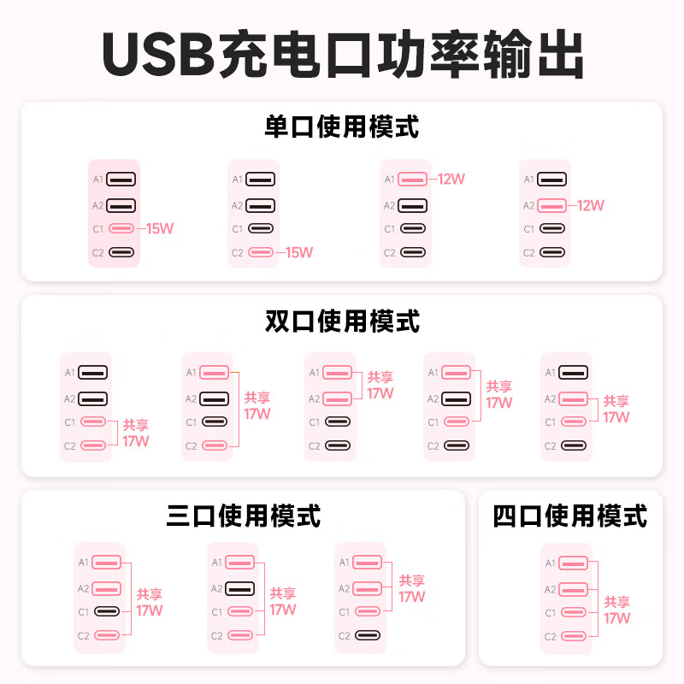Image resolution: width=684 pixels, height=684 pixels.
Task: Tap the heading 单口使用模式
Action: click(341, 127)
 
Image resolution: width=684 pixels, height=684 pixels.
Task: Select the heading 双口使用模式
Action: click(342, 321)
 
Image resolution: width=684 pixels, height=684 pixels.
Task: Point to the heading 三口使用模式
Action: click(244, 516)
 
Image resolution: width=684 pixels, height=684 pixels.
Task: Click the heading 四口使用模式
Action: click(569, 516)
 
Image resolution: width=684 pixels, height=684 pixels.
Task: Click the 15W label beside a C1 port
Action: click(160, 228)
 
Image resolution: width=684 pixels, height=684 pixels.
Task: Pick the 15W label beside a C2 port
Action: click(299, 252)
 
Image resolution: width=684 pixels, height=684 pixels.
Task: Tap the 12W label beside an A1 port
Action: click(451, 179)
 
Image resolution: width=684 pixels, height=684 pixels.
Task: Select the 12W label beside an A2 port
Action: click(591, 205)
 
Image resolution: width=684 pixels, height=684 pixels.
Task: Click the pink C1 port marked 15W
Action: click(121, 228)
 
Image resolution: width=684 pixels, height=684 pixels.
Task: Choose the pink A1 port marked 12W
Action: click(412, 179)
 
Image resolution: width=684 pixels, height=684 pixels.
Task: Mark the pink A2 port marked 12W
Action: click(551, 205)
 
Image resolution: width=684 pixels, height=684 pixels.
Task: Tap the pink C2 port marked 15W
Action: click(261, 252)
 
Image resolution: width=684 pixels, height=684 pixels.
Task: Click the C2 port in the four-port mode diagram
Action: click(573, 636)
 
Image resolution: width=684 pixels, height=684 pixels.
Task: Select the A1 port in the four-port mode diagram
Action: click(573, 563)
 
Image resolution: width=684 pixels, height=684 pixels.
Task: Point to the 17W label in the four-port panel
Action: click(616, 618)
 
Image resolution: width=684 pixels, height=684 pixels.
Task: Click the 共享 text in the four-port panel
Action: click(616, 602)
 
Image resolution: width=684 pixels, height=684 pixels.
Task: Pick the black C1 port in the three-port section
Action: click(107, 611)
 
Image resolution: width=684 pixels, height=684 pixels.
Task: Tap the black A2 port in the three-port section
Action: click(240, 589)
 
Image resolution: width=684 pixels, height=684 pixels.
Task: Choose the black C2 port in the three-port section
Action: click(368, 635)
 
